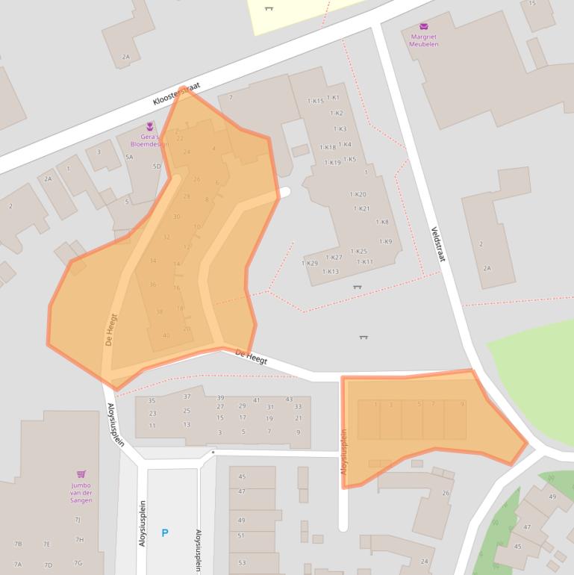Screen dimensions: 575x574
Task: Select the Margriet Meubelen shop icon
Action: click(x=424, y=27)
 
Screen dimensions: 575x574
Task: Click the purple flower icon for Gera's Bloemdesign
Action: click(x=150, y=126)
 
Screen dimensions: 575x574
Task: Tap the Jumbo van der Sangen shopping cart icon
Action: click(x=81, y=474)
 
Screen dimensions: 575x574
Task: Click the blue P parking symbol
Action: click(x=165, y=533)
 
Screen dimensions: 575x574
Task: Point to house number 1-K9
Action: click(x=385, y=241)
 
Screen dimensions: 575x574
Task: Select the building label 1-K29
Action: click(x=309, y=263)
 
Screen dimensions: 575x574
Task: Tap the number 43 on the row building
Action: click(x=289, y=400)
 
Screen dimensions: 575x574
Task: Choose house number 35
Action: click(x=152, y=401)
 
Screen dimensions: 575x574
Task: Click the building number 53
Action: click(x=241, y=562)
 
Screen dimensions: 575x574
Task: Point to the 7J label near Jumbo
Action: click(x=77, y=520)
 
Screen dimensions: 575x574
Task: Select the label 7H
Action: click(x=79, y=539)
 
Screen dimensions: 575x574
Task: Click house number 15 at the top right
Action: click(x=532, y=3)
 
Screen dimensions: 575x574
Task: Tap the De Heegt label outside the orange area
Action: click(x=251, y=357)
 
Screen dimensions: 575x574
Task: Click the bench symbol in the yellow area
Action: click(x=269, y=8)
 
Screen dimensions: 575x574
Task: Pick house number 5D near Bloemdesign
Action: click(x=157, y=166)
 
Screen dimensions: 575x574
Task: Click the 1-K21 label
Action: click(x=361, y=208)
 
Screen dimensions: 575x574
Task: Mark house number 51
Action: click(x=241, y=535)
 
